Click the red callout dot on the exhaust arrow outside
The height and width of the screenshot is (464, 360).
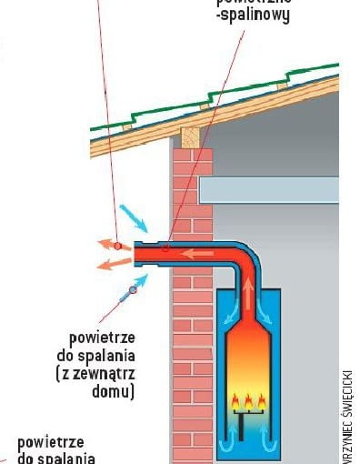[117, 246]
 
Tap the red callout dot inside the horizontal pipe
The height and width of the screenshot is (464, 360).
[166, 247]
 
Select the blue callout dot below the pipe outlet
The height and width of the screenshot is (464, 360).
[133, 289]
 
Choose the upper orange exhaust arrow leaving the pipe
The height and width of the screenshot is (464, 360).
[106, 245]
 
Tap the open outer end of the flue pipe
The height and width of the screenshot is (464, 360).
[137, 254]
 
